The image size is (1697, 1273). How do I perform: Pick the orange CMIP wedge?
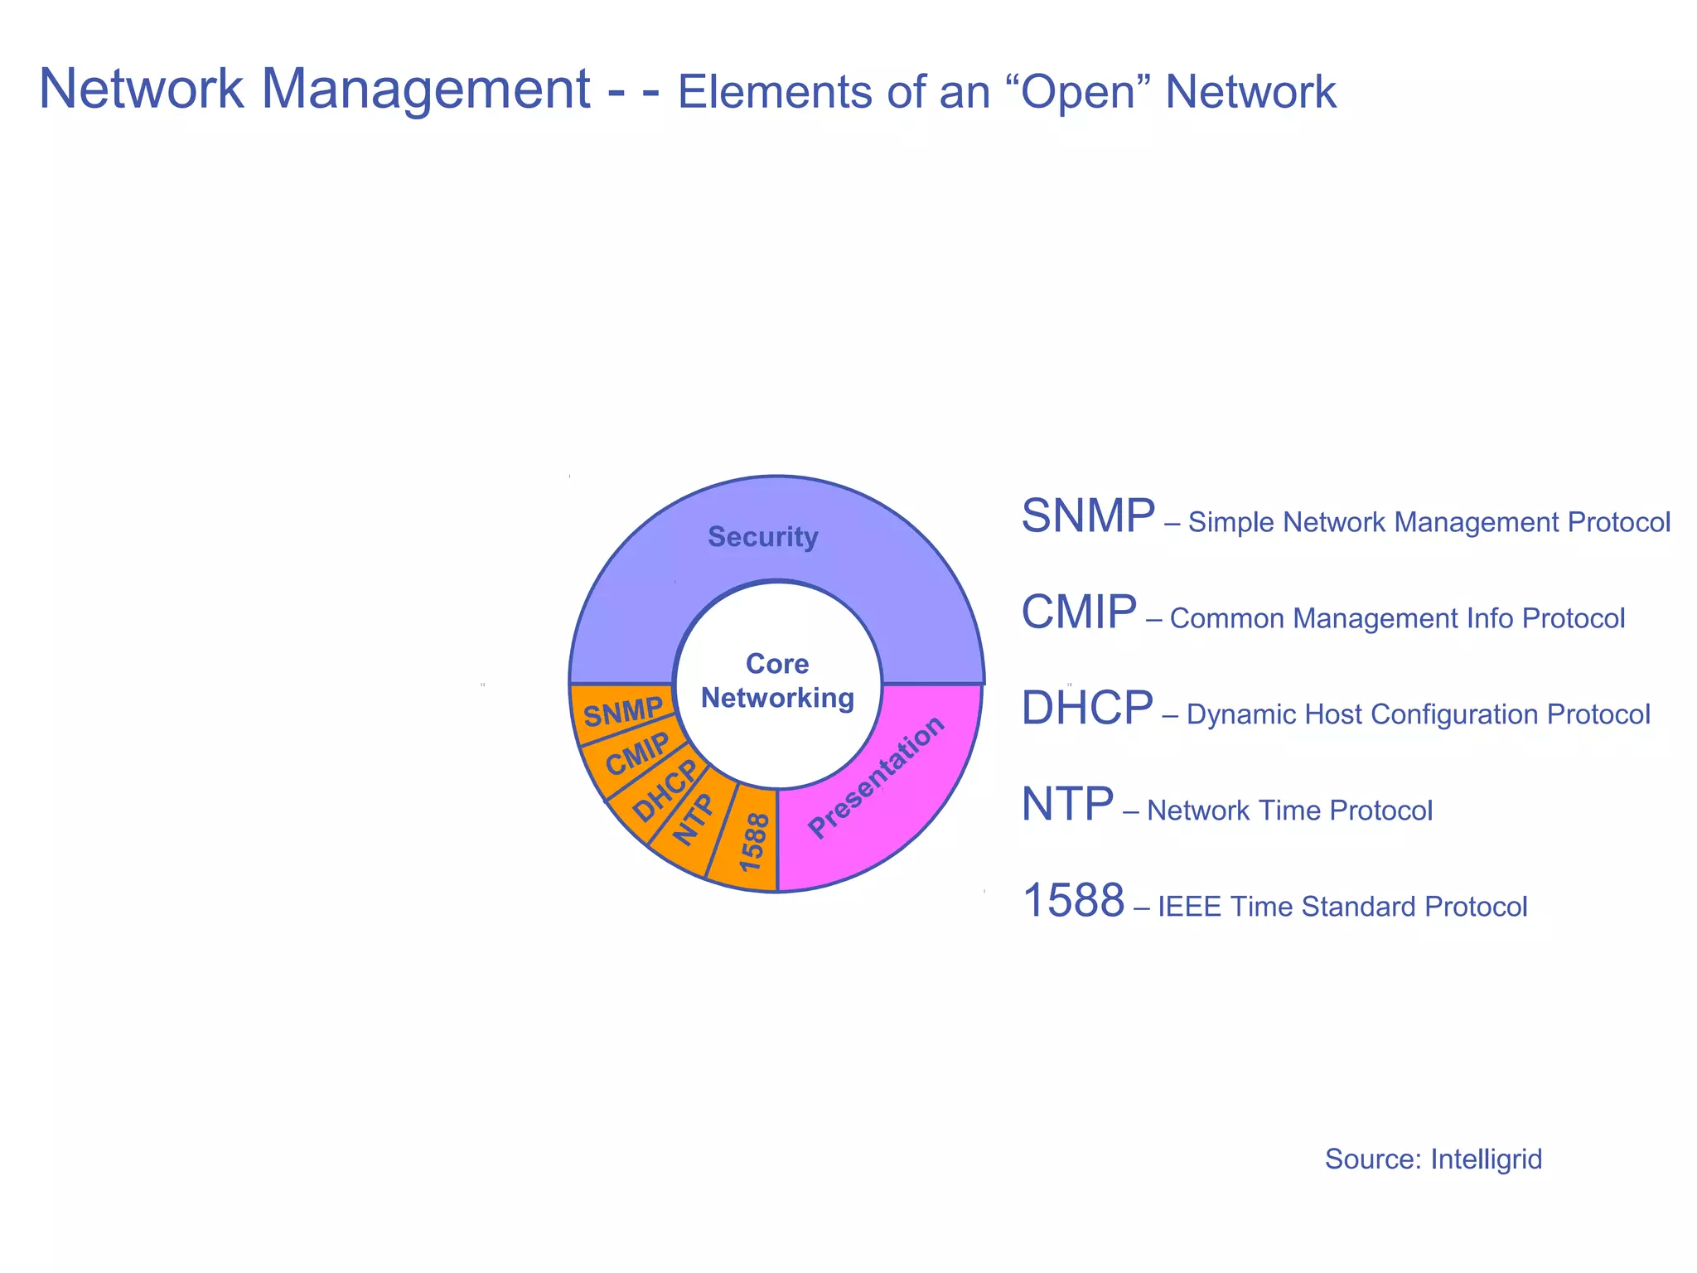coord(636,754)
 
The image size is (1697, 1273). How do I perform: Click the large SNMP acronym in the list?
coord(1088,516)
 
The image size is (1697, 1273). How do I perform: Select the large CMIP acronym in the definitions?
coord(1078,612)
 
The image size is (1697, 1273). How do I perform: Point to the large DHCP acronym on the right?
coord(1086,709)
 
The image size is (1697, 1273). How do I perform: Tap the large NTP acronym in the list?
coord(1066,805)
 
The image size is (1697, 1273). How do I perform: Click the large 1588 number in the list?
coord(1074,901)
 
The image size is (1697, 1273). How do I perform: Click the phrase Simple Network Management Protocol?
coord(1429,523)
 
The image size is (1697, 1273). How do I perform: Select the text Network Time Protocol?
coord(1289,811)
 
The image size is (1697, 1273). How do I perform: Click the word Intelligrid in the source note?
coord(1487,1159)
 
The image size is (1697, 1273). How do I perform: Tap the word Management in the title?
coord(426,90)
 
